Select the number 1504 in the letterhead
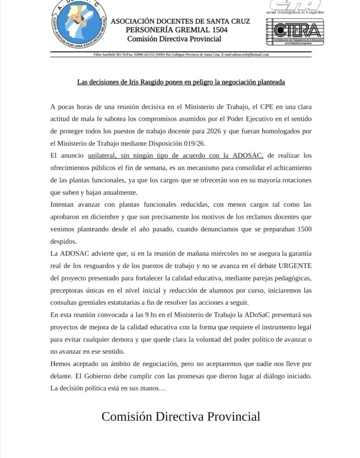point(219,30)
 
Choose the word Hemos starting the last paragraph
point(60,364)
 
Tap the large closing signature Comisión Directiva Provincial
point(181,416)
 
